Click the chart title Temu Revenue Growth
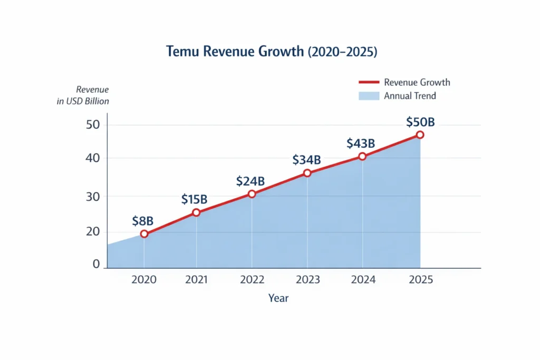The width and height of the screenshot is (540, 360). pyautogui.click(x=272, y=52)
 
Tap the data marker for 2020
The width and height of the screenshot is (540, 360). pyautogui.click(x=144, y=234)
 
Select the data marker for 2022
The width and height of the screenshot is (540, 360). pyautogui.click(x=252, y=194)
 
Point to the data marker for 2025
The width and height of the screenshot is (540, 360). pyautogui.click(x=420, y=135)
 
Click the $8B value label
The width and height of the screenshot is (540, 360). pyautogui.click(x=143, y=220)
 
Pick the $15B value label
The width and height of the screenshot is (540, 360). pyautogui.click(x=194, y=199)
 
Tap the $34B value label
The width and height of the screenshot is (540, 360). pyautogui.click(x=306, y=160)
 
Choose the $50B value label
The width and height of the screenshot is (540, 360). pyautogui.click(x=420, y=122)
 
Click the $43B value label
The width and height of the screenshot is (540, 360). pyautogui.click(x=361, y=143)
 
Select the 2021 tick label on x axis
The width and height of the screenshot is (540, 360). pyautogui.click(x=196, y=280)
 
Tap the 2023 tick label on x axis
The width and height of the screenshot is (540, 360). pyautogui.click(x=307, y=280)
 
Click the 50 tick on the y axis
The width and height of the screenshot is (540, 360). pyautogui.click(x=93, y=125)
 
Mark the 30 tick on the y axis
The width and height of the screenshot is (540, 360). pyautogui.click(x=93, y=196)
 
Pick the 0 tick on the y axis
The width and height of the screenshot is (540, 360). pyautogui.click(x=96, y=264)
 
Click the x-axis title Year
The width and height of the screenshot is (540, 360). pyautogui.click(x=278, y=298)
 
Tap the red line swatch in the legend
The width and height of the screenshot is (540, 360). pyautogui.click(x=369, y=82)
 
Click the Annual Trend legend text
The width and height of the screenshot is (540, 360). pyautogui.click(x=410, y=96)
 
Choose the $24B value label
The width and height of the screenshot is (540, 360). pyautogui.click(x=250, y=181)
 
